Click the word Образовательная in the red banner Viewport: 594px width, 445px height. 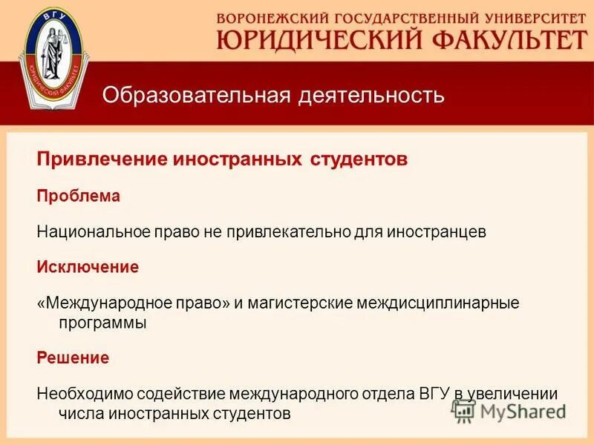(x=196, y=96)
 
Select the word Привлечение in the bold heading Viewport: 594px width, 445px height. (x=103, y=160)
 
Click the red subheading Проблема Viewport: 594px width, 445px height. (x=79, y=197)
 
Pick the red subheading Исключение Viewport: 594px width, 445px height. (x=88, y=267)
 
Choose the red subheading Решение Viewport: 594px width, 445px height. (x=74, y=358)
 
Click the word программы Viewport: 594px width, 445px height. (x=102, y=323)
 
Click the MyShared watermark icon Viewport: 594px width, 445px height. (x=465, y=410)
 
